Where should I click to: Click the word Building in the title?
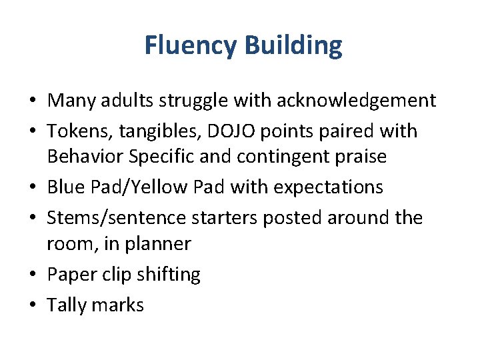[293, 45]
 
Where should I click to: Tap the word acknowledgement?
[357, 101]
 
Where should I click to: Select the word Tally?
[65, 305]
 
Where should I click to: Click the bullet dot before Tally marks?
[32, 305]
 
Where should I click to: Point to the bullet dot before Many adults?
[32, 101]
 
